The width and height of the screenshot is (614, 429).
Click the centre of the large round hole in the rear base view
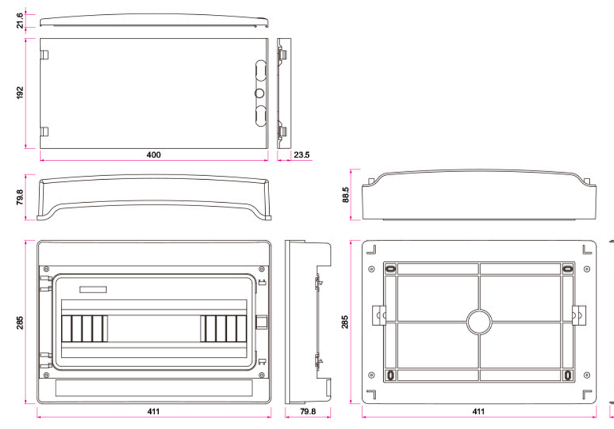pyautogui.click(x=479, y=322)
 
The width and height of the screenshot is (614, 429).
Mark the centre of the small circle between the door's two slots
pyautogui.click(x=259, y=93)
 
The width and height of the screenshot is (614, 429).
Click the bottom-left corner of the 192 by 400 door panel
pyautogui.click(x=40, y=148)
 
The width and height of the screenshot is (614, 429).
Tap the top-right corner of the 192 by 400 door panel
pyautogui.click(x=268, y=38)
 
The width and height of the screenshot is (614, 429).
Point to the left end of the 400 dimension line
pyautogui.click(x=40, y=160)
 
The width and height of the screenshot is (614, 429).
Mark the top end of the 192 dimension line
pyautogui.click(x=26, y=39)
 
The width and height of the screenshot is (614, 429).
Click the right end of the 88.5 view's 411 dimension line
pyautogui.click(x=597, y=417)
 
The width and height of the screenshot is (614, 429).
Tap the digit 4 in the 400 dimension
pyautogui.click(x=149, y=155)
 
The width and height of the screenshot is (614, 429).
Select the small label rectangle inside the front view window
pyautogui.click(x=93, y=289)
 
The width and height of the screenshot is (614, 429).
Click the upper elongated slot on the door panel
pyautogui.click(x=260, y=70)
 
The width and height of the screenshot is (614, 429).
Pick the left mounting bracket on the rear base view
pyautogui.click(x=379, y=315)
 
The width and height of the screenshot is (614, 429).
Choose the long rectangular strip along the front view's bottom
pyautogui.click(x=154, y=388)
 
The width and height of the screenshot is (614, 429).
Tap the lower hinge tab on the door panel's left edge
pyautogui.click(x=44, y=132)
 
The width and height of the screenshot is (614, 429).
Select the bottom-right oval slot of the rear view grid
pyautogui.click(x=568, y=375)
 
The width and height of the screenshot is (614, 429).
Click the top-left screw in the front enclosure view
pyautogui.click(x=47, y=269)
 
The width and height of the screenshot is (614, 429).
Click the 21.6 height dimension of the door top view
pyautogui.click(x=20, y=20)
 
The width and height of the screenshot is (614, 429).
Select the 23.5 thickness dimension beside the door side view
pyautogui.click(x=301, y=155)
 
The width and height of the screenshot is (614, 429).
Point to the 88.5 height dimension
pyautogui.click(x=345, y=195)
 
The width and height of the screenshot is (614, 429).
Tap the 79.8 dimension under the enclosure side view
pyautogui.click(x=308, y=412)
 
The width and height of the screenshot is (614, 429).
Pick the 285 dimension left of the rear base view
pyautogui.click(x=344, y=322)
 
